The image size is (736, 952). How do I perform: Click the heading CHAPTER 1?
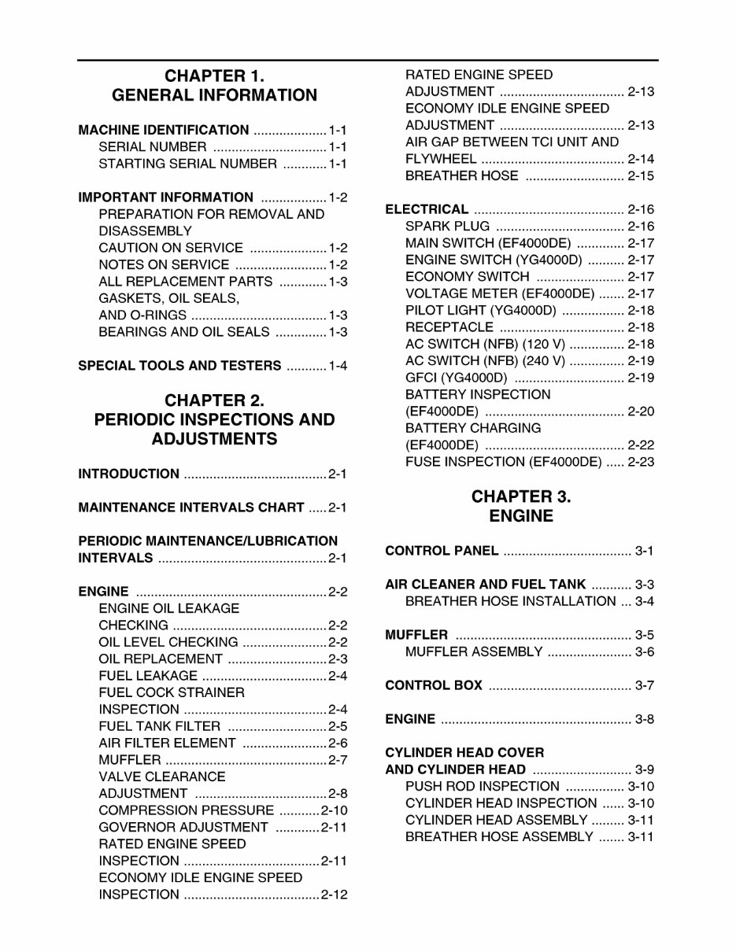pyautogui.click(x=214, y=76)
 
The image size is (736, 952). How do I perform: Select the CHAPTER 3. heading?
pyautogui.click(x=521, y=497)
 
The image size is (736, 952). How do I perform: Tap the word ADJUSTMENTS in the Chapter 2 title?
pyautogui.click(x=214, y=439)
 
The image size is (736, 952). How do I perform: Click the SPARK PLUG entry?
pyautogui.click(x=447, y=227)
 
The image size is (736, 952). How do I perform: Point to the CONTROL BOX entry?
pyautogui.click(x=434, y=685)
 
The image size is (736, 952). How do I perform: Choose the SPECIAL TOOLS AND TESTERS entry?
pyautogui.click(x=179, y=366)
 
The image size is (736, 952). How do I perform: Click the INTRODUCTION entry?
pyautogui.click(x=129, y=474)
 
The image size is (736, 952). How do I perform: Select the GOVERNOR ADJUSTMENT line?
pyautogui.click(x=183, y=827)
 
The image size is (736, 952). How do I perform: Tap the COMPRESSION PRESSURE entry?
pyautogui.click(x=187, y=810)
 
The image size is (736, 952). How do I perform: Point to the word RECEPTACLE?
pyautogui.click(x=449, y=327)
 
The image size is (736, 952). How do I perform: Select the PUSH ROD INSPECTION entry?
pyautogui.click(x=482, y=786)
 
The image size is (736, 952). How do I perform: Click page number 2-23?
pyautogui.click(x=641, y=462)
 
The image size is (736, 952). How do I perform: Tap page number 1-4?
pyautogui.click(x=338, y=366)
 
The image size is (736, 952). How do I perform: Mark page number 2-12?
pyautogui.click(x=334, y=895)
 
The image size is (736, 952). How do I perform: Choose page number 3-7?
pyautogui.click(x=644, y=685)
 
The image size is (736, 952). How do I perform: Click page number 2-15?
pyautogui.click(x=641, y=176)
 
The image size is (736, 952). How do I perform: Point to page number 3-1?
pyautogui.click(x=644, y=551)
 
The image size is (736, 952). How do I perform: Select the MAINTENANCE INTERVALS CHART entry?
pyautogui.click(x=191, y=507)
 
